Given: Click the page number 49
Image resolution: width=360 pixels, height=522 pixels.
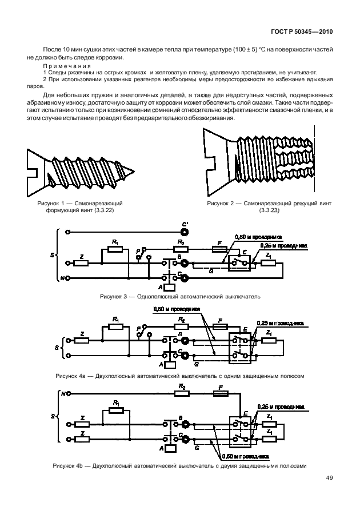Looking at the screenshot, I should pos(330,478).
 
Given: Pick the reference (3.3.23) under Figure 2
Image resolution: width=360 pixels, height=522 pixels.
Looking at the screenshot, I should pos(269,210).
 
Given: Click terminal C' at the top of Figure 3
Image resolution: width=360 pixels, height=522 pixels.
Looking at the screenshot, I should pos(184,233).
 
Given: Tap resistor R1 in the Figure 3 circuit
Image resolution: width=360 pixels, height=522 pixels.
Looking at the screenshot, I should pos(115,249).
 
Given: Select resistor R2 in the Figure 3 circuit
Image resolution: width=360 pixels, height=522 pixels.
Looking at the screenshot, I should pos(181,249).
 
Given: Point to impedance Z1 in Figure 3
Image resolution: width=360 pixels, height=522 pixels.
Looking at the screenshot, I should pos(270,264).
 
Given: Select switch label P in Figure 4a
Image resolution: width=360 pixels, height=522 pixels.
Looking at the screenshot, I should pos(139,328).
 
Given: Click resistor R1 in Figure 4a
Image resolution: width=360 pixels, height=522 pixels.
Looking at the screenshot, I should pos(115,328).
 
